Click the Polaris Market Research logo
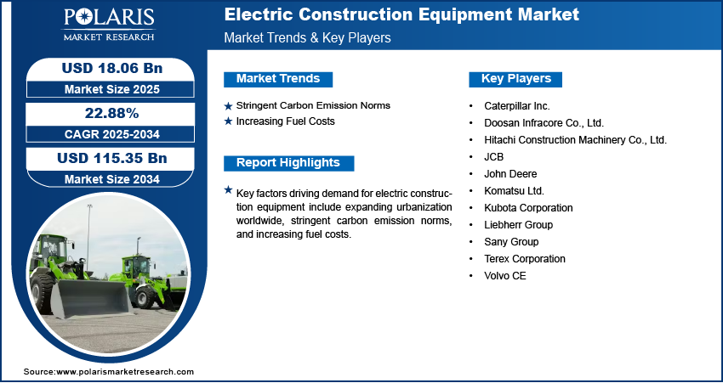point(109,25)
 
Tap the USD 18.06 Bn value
point(112,68)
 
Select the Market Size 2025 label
point(112,89)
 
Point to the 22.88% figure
point(112,113)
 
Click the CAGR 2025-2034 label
point(112,134)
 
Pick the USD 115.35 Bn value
point(112,158)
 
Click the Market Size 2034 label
point(112,179)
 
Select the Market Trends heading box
point(278,79)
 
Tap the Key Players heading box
point(515,79)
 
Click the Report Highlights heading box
point(288,163)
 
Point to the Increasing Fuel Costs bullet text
point(286,121)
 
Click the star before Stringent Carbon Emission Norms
point(228,106)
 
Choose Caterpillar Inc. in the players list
point(517,106)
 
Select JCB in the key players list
point(494,157)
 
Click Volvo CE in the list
point(505,276)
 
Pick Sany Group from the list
point(511,242)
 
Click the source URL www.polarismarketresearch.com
point(125,371)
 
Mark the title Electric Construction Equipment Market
point(401,14)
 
